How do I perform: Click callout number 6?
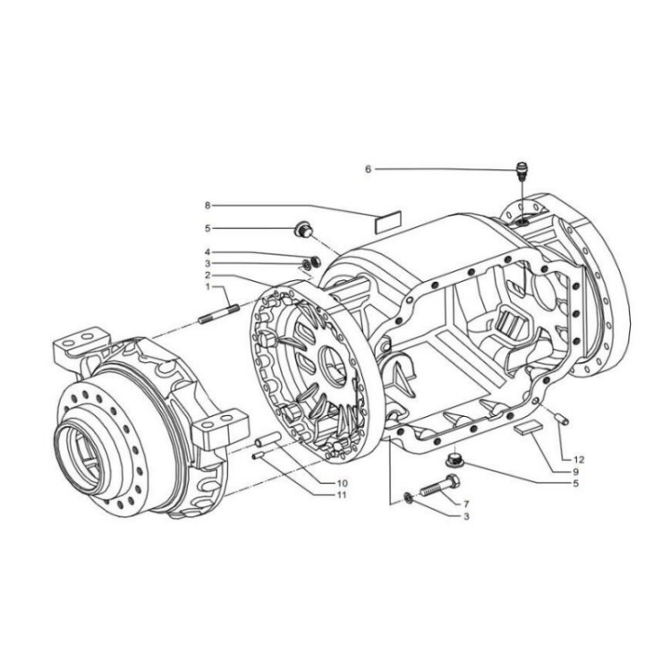(x=368, y=168)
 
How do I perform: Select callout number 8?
(x=207, y=205)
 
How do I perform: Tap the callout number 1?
(x=207, y=287)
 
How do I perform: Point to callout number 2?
(x=207, y=275)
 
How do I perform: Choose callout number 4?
(x=207, y=252)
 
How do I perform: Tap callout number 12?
(x=579, y=459)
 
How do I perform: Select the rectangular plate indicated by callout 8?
(x=387, y=219)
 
